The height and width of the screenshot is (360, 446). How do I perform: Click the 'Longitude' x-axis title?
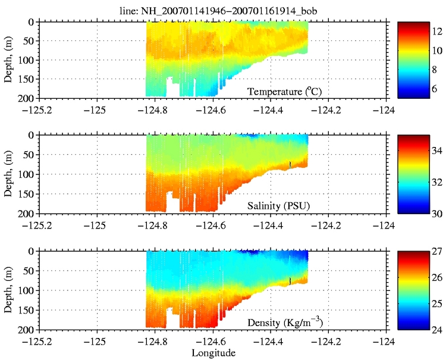213,353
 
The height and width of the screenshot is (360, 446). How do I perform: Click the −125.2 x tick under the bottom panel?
37,340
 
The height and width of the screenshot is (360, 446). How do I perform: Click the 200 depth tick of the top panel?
28,98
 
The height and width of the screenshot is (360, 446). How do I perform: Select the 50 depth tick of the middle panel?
30,155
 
